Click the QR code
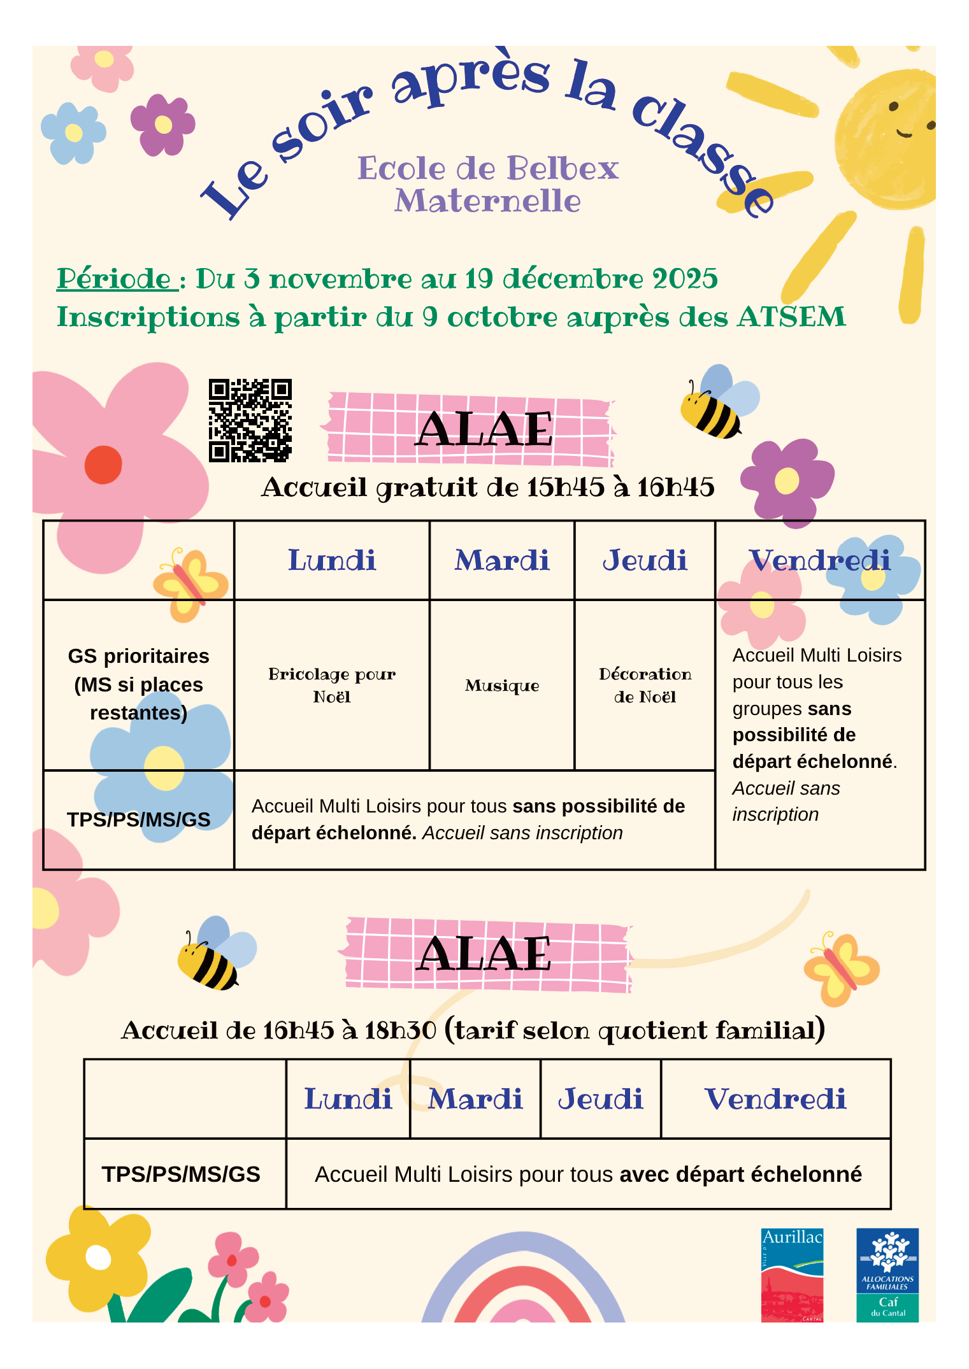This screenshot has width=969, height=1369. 250,420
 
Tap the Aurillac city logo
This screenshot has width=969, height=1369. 792,1275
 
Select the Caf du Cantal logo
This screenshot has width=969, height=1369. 887,1275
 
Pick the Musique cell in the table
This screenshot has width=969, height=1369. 502,686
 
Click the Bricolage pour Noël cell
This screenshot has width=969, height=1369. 332,685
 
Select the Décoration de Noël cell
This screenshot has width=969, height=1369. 645,685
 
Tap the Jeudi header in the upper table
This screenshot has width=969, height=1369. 645,560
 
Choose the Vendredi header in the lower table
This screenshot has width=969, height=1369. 775,1099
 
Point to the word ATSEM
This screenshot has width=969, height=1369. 791,317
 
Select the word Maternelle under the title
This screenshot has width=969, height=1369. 487,201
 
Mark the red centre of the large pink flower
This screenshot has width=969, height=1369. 103,465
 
